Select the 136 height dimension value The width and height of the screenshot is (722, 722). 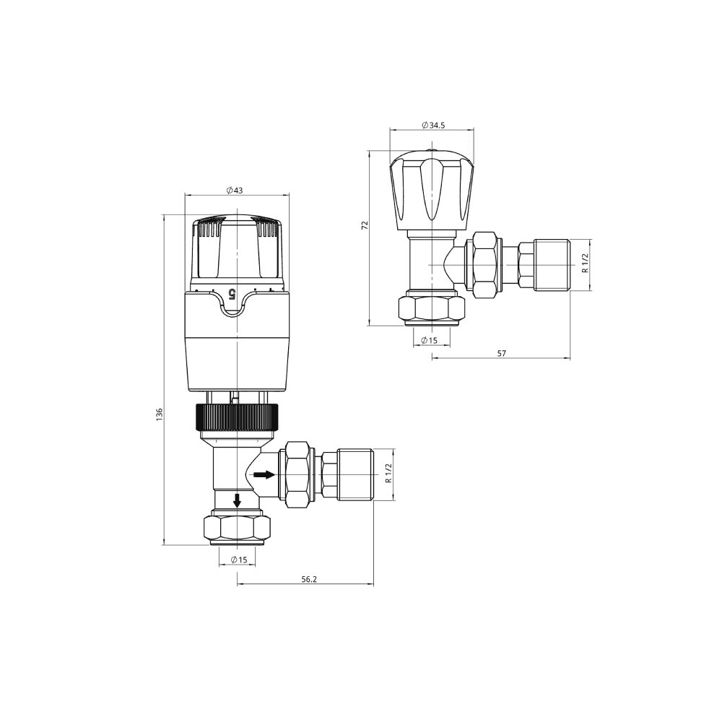[160, 414]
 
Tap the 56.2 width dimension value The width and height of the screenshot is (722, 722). [310, 579]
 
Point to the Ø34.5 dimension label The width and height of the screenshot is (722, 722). [432, 125]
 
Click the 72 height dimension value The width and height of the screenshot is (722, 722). [365, 225]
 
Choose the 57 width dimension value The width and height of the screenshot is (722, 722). [502, 352]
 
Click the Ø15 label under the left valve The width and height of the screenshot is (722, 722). [238, 560]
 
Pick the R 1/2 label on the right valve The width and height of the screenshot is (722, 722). [585, 264]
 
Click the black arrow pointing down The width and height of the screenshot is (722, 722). [236, 500]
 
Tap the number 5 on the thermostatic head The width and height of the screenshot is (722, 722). [232, 293]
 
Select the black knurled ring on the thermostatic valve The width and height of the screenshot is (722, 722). [236, 417]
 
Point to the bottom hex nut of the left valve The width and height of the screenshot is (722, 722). [238, 528]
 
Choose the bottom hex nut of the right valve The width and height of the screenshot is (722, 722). [432, 308]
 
